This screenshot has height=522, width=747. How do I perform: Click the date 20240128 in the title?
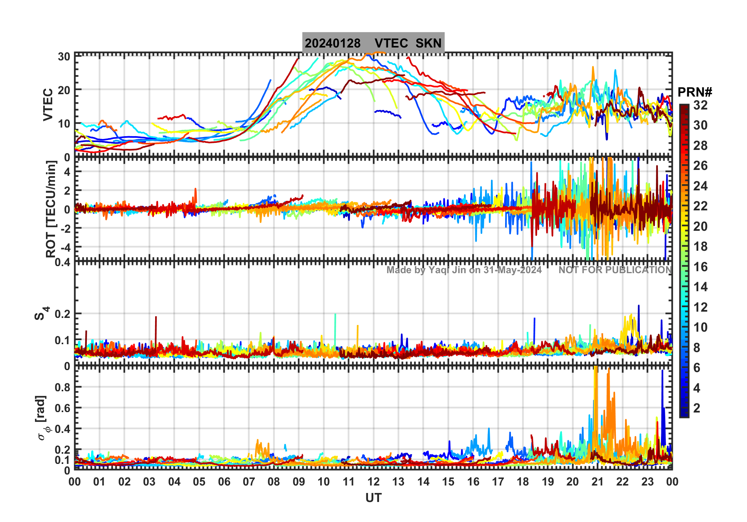(332, 43)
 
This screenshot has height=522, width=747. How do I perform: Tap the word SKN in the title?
(428, 43)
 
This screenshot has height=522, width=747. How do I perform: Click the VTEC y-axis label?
(48, 104)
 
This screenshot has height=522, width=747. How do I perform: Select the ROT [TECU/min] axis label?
(51, 209)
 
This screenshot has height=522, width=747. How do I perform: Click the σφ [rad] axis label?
(43, 418)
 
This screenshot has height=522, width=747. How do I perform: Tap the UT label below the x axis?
(373, 498)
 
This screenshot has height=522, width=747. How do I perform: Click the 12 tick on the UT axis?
(373, 482)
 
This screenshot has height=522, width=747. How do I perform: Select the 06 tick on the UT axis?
(224, 482)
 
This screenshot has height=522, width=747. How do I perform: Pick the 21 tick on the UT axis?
(597, 482)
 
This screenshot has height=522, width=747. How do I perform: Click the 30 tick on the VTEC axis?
(64, 57)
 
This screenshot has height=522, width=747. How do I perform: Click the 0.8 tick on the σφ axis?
(63, 387)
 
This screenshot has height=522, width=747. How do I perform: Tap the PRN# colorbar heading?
(695, 92)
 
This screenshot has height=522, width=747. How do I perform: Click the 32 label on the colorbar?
(700, 105)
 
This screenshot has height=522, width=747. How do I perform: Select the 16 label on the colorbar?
(700, 267)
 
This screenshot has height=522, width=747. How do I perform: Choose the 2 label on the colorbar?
(697, 408)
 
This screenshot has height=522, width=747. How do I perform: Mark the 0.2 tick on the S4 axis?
(63, 314)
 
